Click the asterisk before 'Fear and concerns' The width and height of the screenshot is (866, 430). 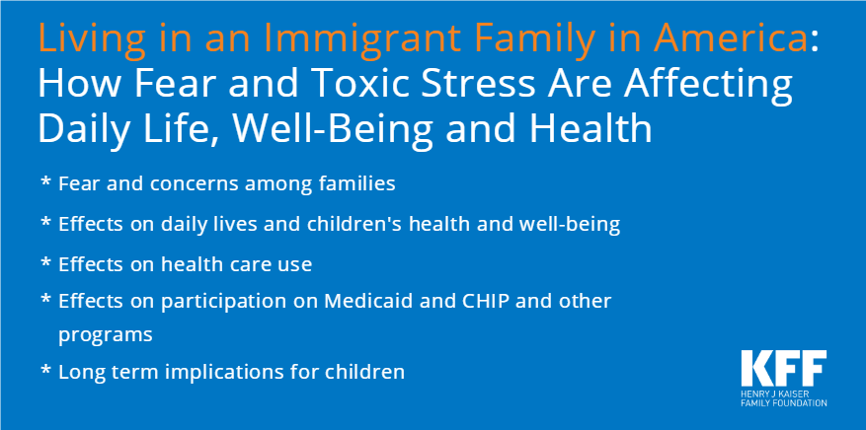45,181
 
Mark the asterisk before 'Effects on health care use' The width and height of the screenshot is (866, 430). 45,262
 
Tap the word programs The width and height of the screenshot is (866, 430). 106,335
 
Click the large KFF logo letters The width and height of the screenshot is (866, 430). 784,368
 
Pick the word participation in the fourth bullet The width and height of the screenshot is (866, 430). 227,303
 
